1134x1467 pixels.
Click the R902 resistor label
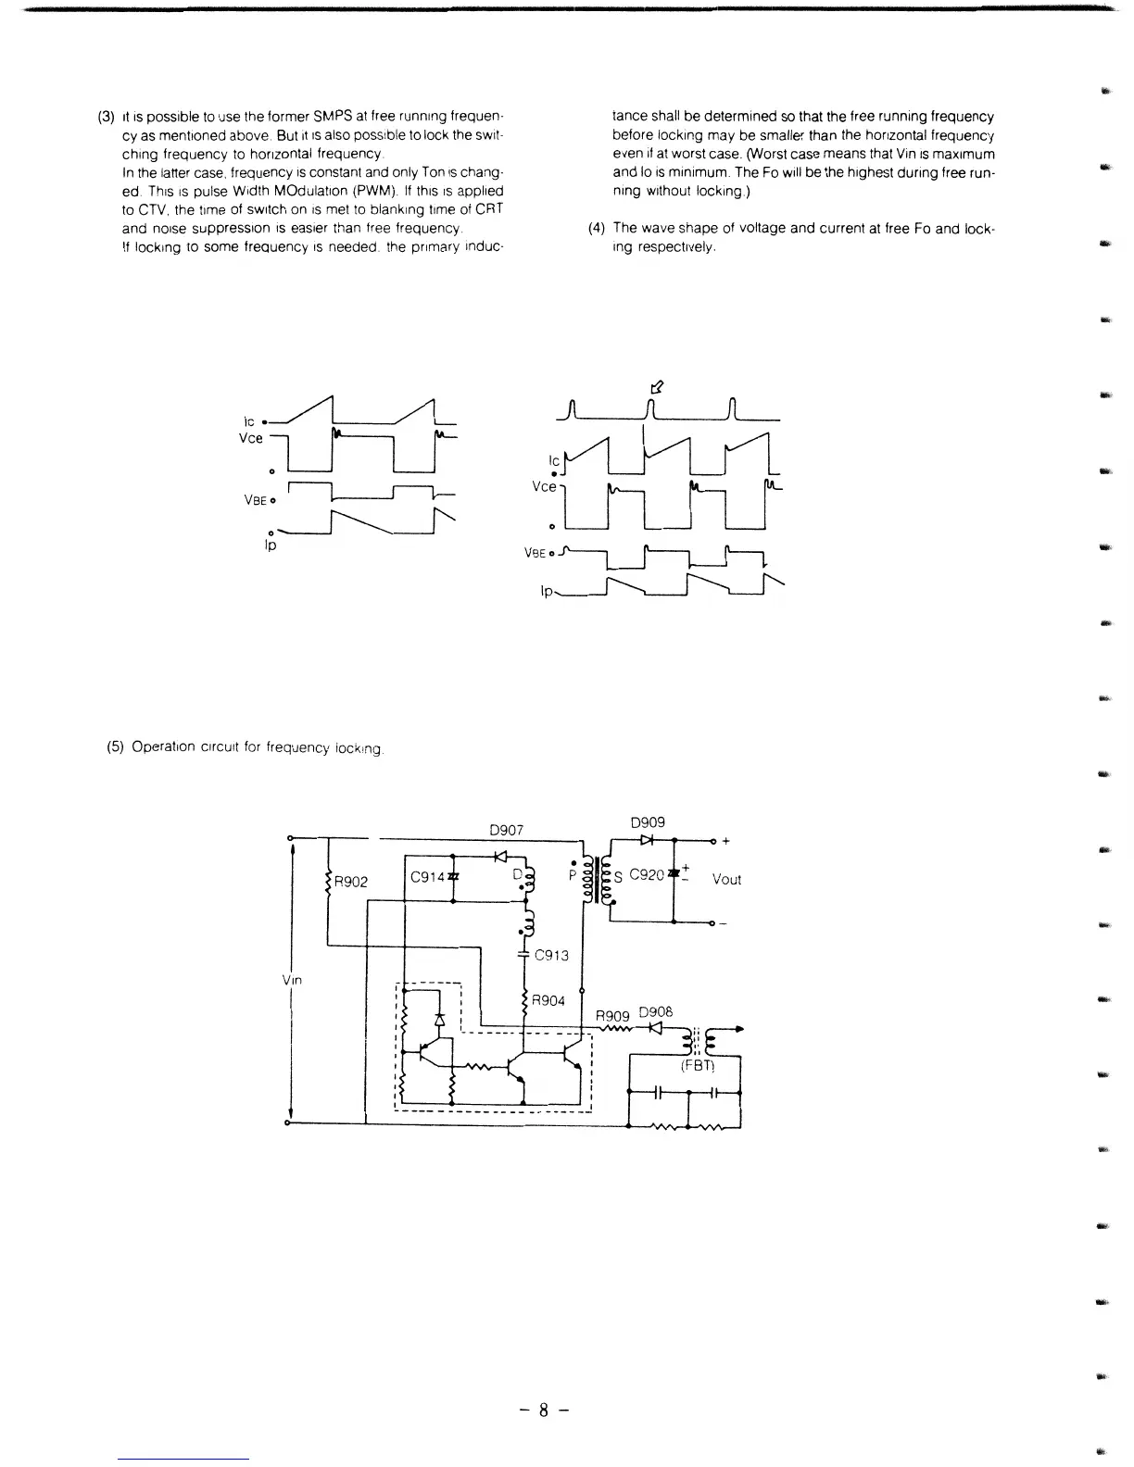pyautogui.click(x=351, y=882)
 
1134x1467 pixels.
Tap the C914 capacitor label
pyautogui.click(x=427, y=877)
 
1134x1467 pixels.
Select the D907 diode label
pyautogui.click(x=507, y=830)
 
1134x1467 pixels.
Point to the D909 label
pyautogui.click(x=648, y=822)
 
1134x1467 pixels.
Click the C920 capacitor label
pyautogui.click(x=647, y=874)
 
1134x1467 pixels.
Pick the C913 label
pyautogui.click(x=552, y=956)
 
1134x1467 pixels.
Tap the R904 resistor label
pyautogui.click(x=548, y=1001)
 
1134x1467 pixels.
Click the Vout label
pyautogui.click(x=726, y=880)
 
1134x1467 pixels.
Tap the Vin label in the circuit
pyautogui.click(x=292, y=979)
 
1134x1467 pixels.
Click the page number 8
pyautogui.click(x=544, y=1411)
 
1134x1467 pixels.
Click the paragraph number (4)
pyautogui.click(x=597, y=228)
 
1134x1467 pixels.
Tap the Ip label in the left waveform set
pyautogui.click(x=271, y=545)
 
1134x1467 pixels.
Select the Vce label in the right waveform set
pyautogui.click(x=544, y=486)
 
